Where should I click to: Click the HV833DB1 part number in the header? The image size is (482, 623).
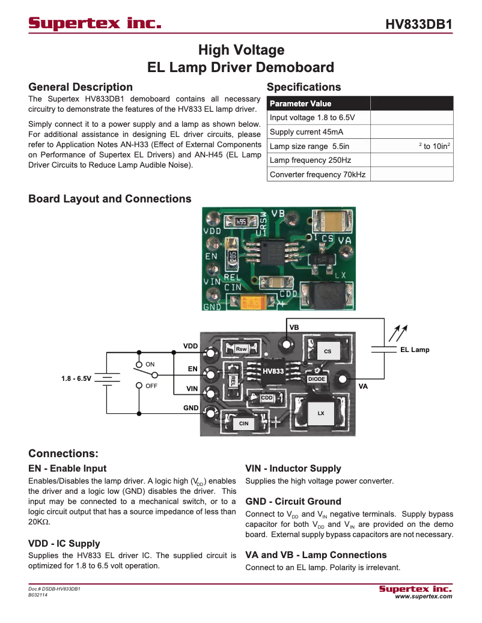pyautogui.click(x=418, y=25)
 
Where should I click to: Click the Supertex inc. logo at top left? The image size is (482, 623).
pyautogui.click(x=95, y=23)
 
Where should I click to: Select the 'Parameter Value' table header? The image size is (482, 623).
pyautogui.click(x=300, y=103)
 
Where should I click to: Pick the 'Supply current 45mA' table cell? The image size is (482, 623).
pyautogui.click(x=307, y=132)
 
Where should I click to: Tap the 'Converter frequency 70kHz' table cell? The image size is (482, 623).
pyautogui.click(x=317, y=175)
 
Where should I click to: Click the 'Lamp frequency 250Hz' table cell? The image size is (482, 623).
pyautogui.click(x=310, y=160)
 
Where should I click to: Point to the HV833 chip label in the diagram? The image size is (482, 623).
pyautogui.click(x=273, y=371)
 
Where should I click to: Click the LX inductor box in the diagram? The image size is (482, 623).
pyautogui.click(x=321, y=413)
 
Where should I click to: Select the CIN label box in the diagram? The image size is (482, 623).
pyautogui.click(x=243, y=424)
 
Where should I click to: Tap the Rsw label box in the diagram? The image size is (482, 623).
pyautogui.click(x=241, y=349)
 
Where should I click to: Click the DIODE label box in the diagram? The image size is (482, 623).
pyautogui.click(x=317, y=379)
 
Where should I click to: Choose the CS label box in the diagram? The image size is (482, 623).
pyautogui.click(x=328, y=351)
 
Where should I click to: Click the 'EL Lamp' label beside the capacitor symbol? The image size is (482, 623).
pyautogui.click(x=415, y=350)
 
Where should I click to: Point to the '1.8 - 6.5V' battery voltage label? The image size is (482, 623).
pyautogui.click(x=76, y=379)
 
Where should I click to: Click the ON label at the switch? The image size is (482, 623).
pyautogui.click(x=150, y=365)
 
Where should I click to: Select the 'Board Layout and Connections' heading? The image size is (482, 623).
pyautogui.click(x=109, y=199)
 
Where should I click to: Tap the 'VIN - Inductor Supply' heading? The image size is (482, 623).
pyautogui.click(x=293, y=469)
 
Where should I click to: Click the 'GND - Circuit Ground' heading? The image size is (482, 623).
pyautogui.click(x=293, y=501)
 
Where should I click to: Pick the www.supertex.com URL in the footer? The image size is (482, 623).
pyautogui.click(x=423, y=597)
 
